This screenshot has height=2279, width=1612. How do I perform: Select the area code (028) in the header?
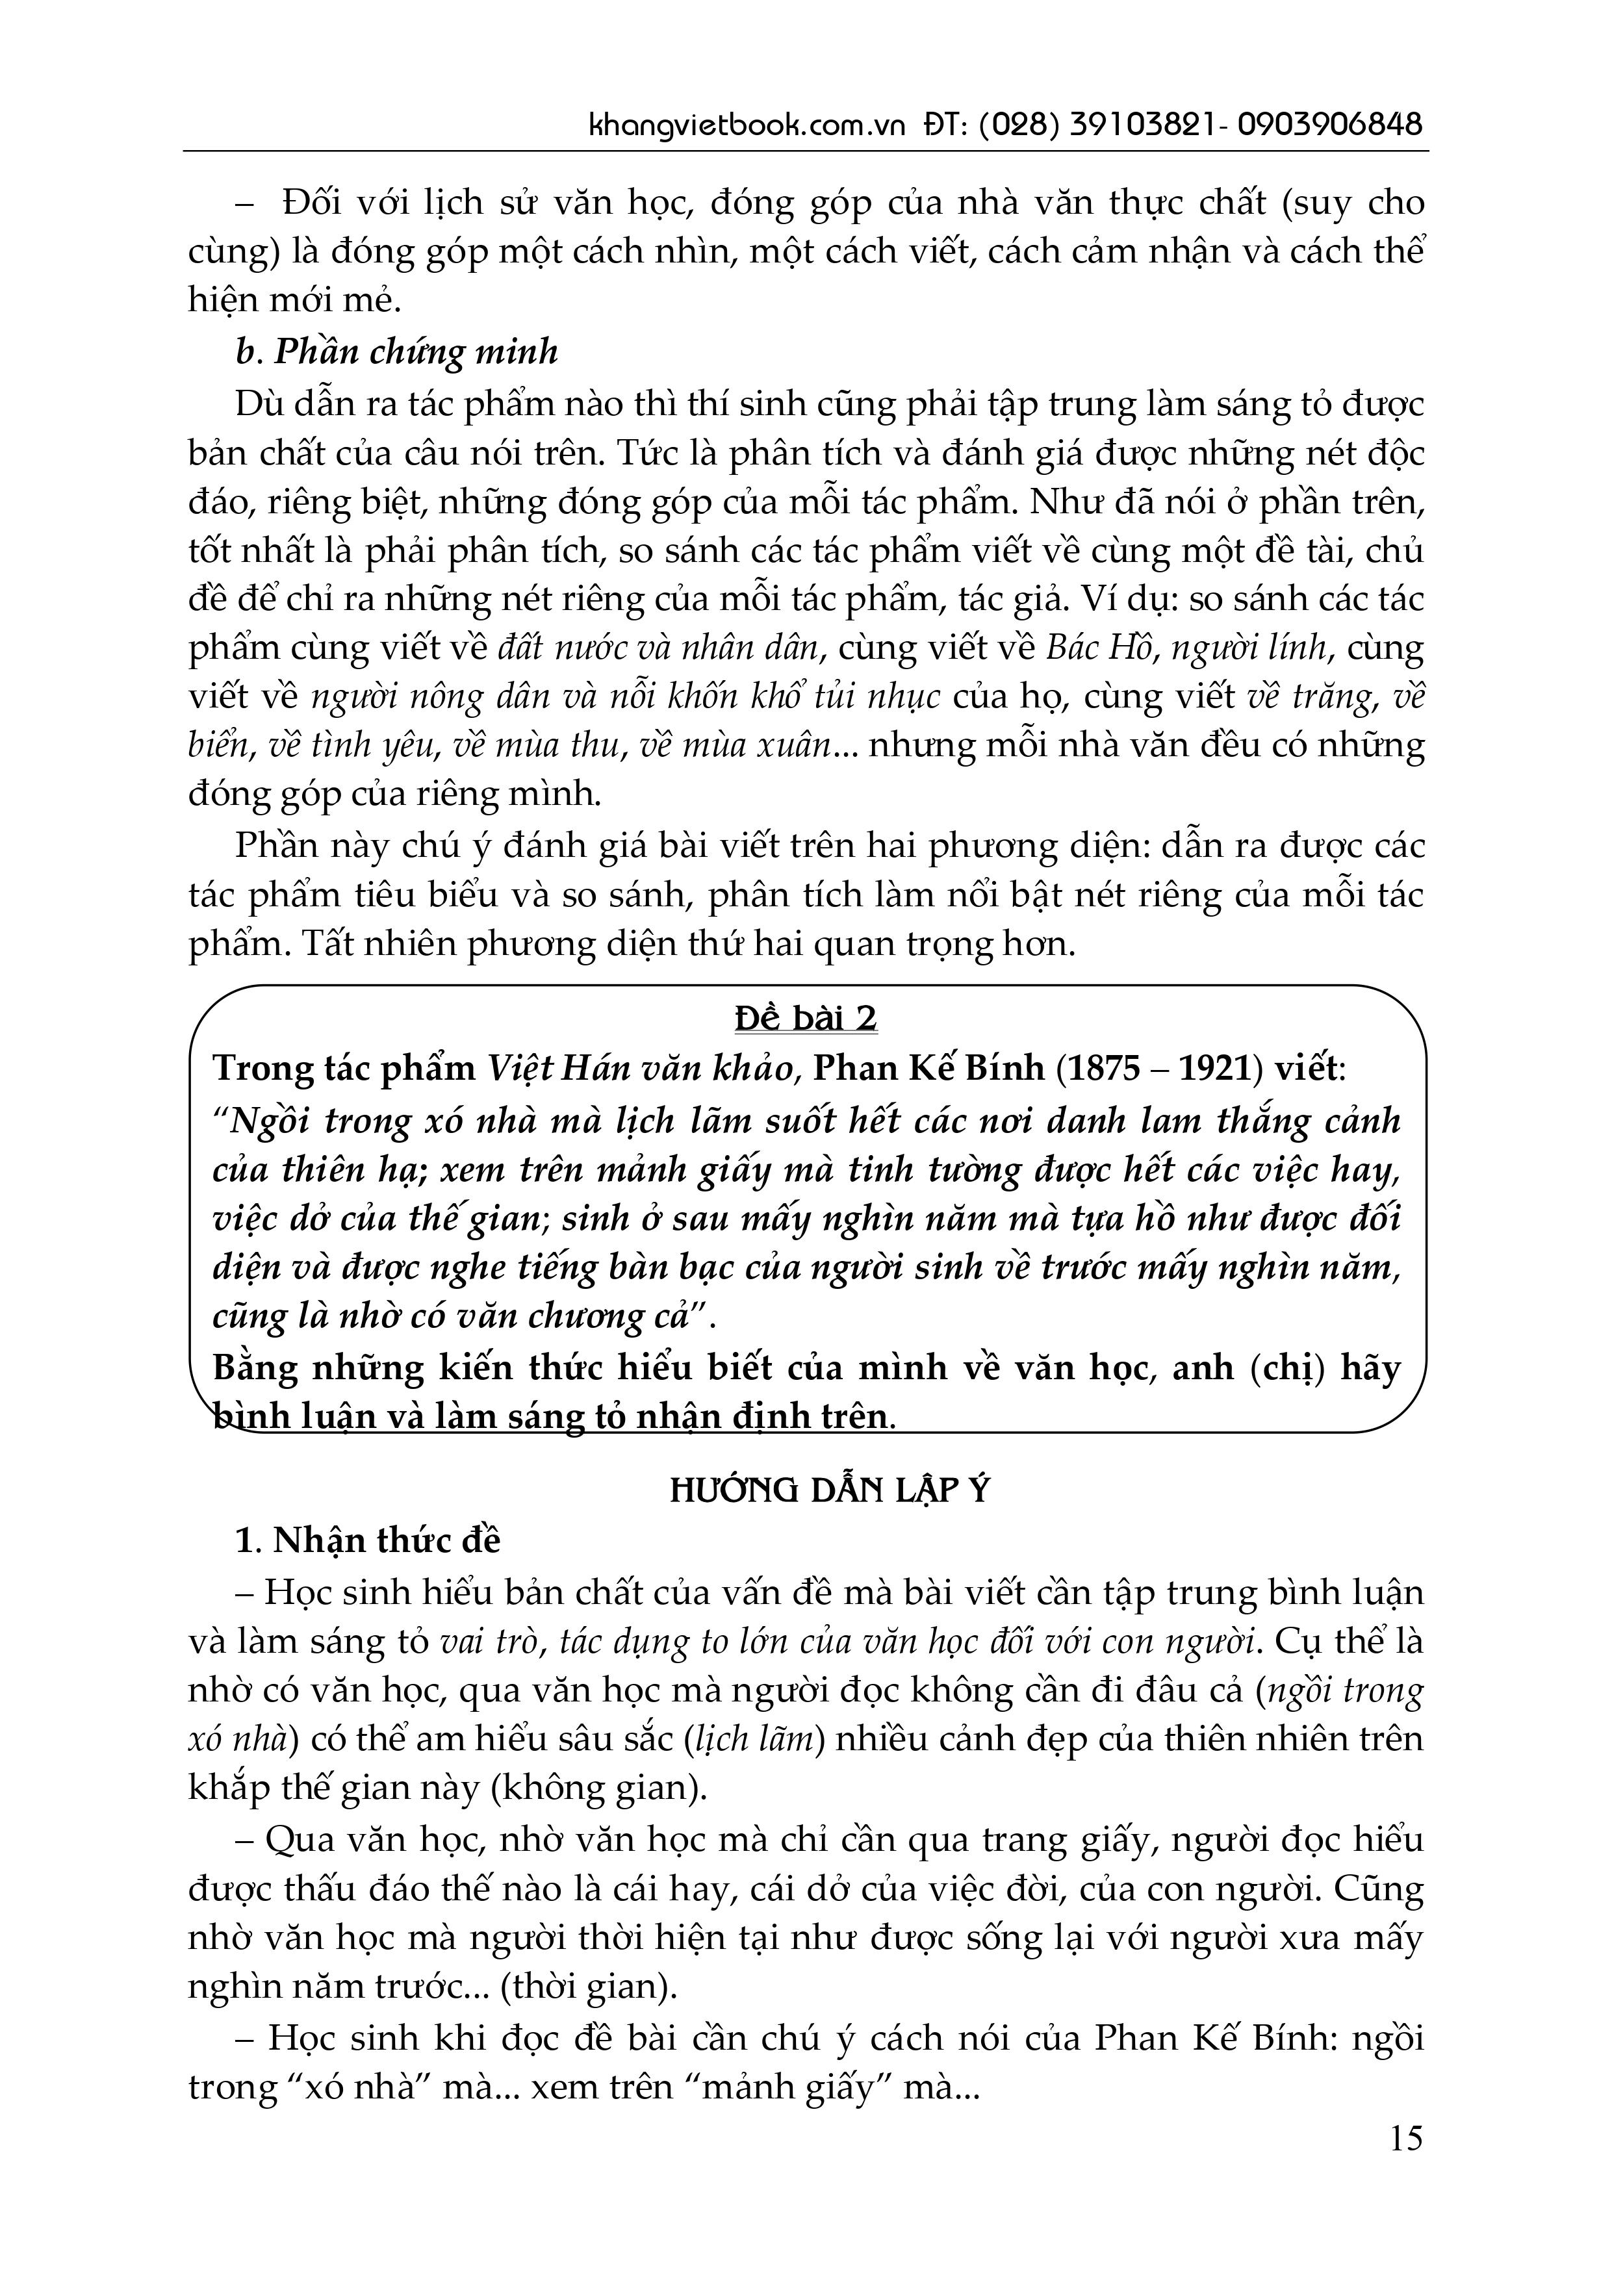tap(1016, 126)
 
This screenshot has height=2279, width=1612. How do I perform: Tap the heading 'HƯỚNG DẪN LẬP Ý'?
tap(830, 1492)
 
